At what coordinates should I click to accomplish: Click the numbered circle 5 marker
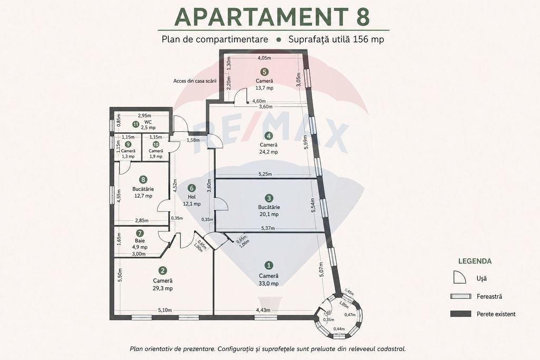pyautogui.click(x=264, y=72)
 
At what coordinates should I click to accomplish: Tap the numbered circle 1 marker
pyautogui.click(x=268, y=265)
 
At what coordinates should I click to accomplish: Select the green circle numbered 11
pyautogui.click(x=136, y=124)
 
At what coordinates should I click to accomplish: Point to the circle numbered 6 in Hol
pyautogui.click(x=192, y=188)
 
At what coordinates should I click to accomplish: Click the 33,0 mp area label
pyautogui.click(x=269, y=284)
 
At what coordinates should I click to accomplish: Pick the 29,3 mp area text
pyautogui.click(x=163, y=288)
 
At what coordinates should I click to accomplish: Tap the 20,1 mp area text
pyautogui.click(x=269, y=214)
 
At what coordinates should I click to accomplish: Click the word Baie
pyautogui.click(x=140, y=240)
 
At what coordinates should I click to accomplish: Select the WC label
pyautogui.click(x=148, y=122)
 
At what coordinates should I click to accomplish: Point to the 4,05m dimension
pyautogui.click(x=265, y=58)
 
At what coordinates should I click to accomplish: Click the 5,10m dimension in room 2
pyautogui.click(x=165, y=310)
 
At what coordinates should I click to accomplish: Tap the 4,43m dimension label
pyautogui.click(x=263, y=310)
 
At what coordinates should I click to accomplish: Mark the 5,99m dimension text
pyautogui.click(x=306, y=141)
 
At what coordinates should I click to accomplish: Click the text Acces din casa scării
pyautogui.click(x=195, y=81)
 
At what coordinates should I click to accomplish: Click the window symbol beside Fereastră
pyautogui.click(x=461, y=296)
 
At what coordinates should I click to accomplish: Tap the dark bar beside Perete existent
pyautogui.click(x=461, y=314)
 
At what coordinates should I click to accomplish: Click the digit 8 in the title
pyautogui.click(x=362, y=16)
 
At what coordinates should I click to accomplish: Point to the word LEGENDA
pyautogui.click(x=475, y=261)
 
